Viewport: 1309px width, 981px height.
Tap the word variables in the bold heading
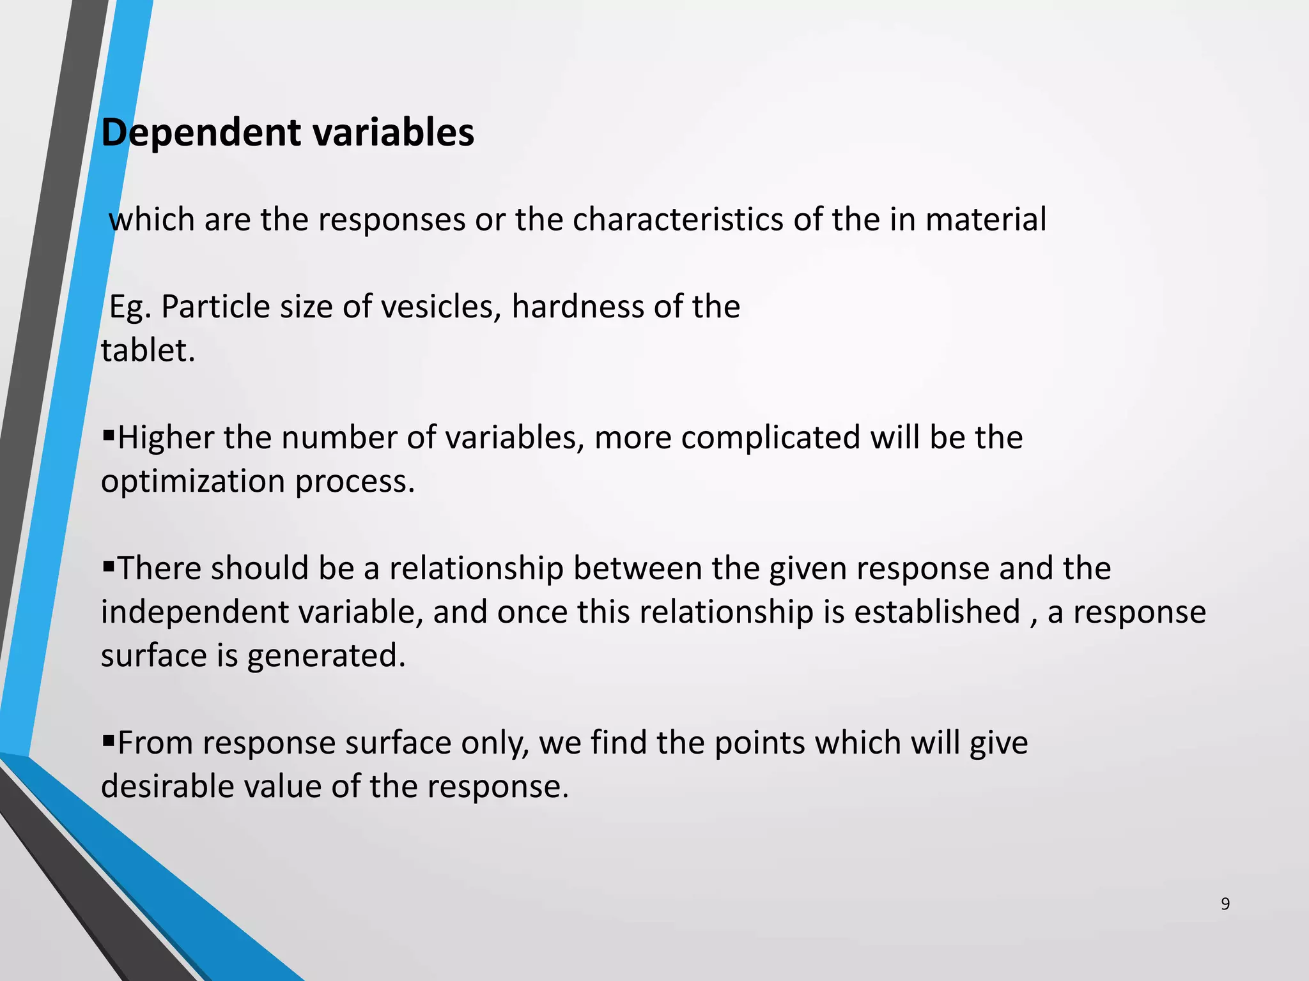point(393,133)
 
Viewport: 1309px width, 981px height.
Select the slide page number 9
point(1225,904)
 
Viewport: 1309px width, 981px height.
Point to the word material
point(986,220)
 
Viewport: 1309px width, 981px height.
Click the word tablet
point(148,351)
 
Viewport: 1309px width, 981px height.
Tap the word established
point(936,612)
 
